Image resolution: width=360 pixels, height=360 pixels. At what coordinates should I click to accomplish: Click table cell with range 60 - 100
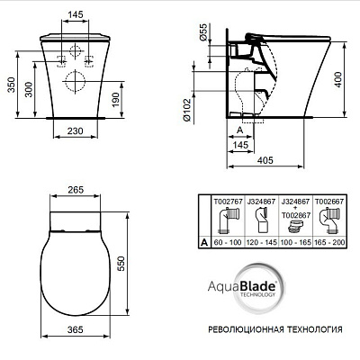(x=228, y=243)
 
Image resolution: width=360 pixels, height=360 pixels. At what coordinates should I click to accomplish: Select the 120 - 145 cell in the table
(x=262, y=243)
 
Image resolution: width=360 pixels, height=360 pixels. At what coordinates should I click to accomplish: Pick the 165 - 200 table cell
(x=328, y=243)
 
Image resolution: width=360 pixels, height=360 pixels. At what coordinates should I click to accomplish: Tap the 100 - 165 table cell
(x=295, y=243)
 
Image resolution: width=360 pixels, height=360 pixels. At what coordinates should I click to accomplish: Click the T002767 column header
(x=228, y=202)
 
